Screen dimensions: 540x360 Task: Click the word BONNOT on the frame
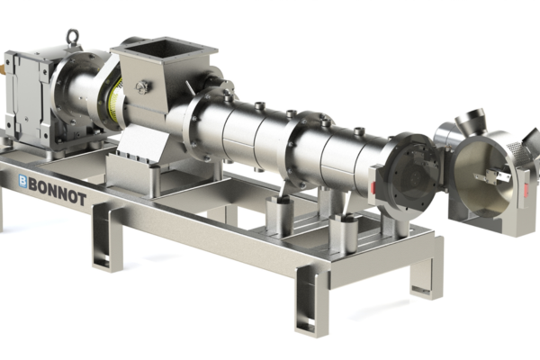pos(58,193)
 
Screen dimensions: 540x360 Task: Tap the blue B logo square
pos(22,181)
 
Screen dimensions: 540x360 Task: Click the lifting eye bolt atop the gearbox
pos(72,37)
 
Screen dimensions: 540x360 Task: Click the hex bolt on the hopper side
pos(142,86)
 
